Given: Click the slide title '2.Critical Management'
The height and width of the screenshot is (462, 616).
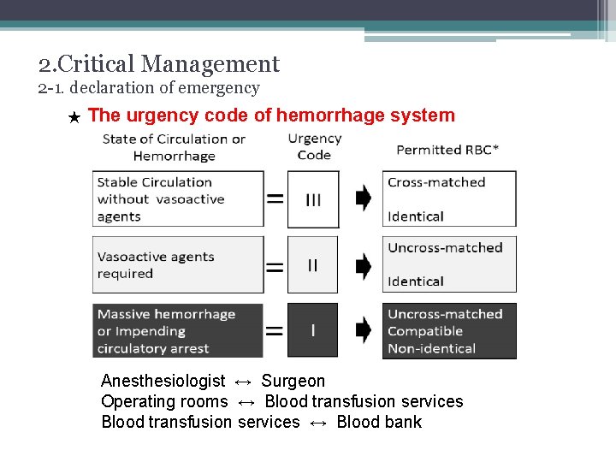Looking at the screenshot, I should (159, 64).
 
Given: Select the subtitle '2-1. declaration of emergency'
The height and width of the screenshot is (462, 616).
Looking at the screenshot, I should (149, 88).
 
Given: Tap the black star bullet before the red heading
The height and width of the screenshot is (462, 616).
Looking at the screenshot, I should (74, 117).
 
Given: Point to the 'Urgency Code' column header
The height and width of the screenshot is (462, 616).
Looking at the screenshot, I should (314, 146).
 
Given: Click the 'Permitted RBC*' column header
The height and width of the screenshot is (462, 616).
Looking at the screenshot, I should (447, 150).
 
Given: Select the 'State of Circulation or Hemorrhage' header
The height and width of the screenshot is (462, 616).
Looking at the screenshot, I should (174, 147).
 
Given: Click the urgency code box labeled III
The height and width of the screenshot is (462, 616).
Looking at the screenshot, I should (312, 199).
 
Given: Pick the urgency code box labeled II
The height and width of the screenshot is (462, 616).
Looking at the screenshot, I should (312, 265).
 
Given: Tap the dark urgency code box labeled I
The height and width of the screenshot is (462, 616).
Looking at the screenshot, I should (312, 330).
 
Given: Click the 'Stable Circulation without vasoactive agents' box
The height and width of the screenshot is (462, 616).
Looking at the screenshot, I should (178, 199).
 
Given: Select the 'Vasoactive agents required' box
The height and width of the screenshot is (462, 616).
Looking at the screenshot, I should (178, 265).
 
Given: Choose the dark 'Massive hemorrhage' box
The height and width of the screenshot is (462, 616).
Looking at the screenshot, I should (178, 330).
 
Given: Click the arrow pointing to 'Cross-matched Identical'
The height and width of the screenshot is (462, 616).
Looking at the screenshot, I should (363, 198).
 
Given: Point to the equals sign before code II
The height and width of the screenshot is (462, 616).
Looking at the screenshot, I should (275, 266).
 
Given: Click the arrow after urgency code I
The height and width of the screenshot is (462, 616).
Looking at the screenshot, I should (363, 329).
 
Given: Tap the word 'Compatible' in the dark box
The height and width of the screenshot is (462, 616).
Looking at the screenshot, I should (424, 331).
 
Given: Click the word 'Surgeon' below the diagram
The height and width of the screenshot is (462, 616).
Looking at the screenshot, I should (293, 381).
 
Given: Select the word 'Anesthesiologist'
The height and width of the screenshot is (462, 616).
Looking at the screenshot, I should (163, 381).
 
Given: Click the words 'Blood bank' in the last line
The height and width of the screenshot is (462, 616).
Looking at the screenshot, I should (379, 422).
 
